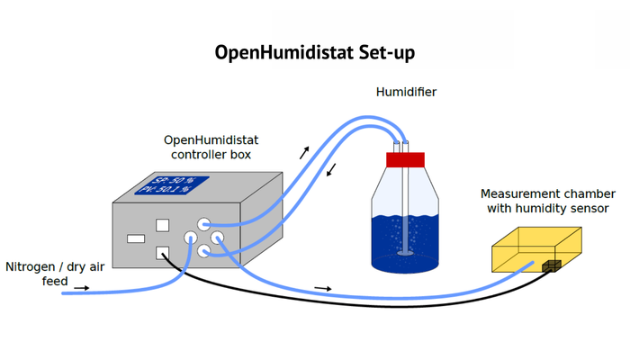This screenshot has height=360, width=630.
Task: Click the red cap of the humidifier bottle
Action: tap(404, 160)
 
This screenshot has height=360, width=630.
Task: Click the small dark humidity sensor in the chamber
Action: tap(551, 265)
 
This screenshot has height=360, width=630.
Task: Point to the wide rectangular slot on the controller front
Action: tap(136, 239)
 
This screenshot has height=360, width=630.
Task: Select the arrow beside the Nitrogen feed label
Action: tap(81, 288)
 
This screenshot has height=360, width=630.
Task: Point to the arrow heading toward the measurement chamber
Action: tap(322, 288)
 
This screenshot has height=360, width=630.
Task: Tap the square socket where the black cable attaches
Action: tap(163, 253)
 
